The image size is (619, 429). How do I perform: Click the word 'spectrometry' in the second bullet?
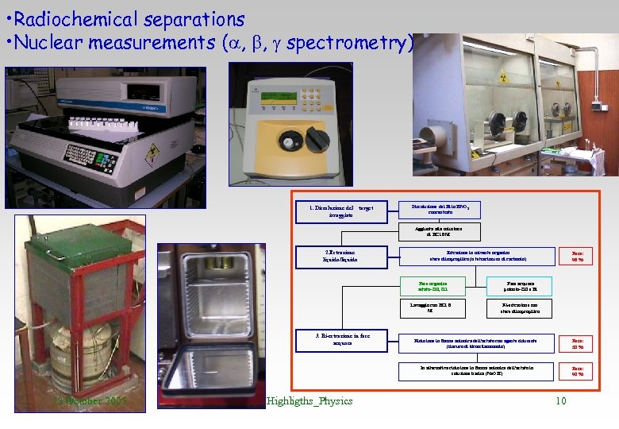click(x=349, y=43)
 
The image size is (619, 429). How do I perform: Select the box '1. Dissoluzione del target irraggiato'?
click(x=342, y=211)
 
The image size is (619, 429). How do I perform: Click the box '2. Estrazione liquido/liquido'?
click(x=342, y=256)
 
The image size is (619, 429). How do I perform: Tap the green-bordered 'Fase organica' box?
click(x=433, y=285)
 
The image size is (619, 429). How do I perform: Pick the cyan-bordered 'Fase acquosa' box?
click(x=521, y=285)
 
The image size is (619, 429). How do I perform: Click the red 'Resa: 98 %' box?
click(x=577, y=256)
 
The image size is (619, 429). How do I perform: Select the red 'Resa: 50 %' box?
click(x=577, y=343)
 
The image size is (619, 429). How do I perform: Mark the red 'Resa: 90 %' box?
click(x=577, y=371)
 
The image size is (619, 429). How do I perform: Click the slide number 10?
click(x=560, y=401)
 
